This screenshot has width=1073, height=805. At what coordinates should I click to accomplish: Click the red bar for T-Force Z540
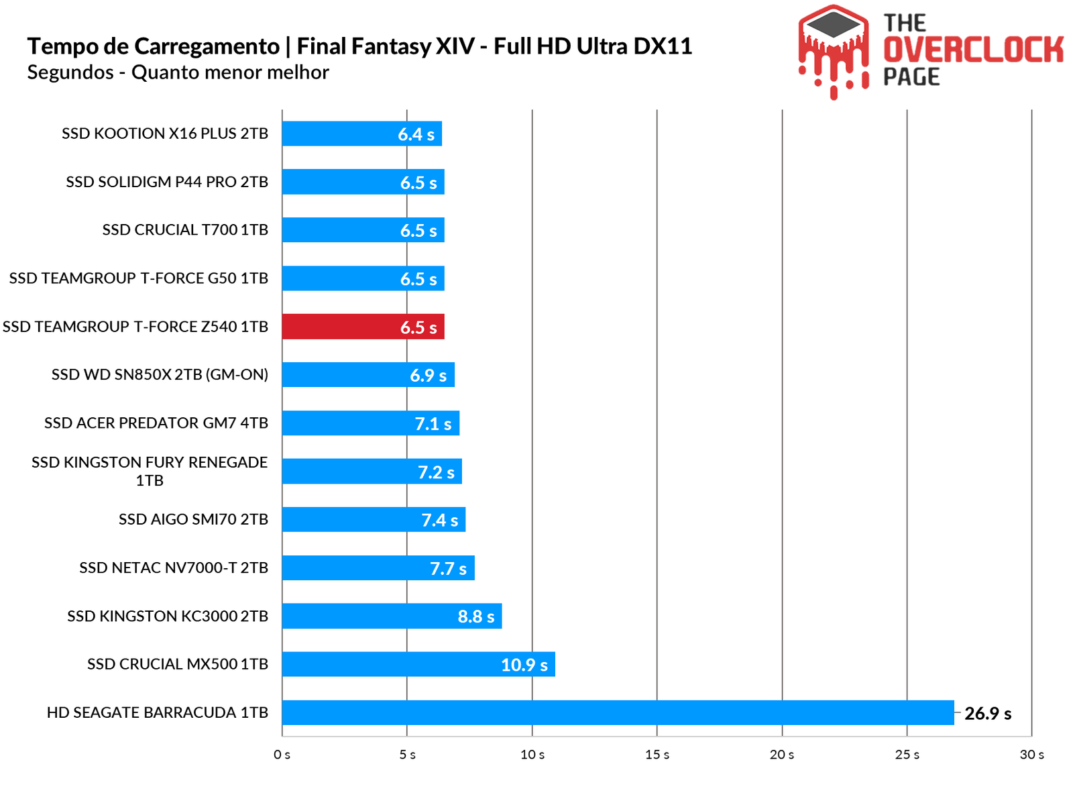362,327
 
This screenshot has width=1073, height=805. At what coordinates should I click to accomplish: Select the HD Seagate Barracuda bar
617,712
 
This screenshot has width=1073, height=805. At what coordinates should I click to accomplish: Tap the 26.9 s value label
987,713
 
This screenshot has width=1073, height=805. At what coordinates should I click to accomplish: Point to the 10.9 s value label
524,665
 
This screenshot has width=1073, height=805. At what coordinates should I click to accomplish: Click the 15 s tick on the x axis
657,755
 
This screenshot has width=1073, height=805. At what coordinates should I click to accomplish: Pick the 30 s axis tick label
1031,755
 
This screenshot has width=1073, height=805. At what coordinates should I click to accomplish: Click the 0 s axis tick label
282,755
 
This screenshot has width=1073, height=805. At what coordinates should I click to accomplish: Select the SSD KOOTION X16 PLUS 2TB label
165,133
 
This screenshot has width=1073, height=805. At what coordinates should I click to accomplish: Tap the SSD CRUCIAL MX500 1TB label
178,664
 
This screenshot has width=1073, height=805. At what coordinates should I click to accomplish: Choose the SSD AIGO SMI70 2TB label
193,519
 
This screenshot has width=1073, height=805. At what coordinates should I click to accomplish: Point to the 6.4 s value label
416,134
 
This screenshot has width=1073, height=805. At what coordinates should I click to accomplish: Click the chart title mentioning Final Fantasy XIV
359,46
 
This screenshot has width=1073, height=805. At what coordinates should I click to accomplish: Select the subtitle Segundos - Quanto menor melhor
178,72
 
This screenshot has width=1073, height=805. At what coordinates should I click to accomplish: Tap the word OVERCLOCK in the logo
972,50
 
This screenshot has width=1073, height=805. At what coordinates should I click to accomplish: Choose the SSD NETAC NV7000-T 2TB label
174,568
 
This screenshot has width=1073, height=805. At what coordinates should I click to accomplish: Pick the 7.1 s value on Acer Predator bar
433,424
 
